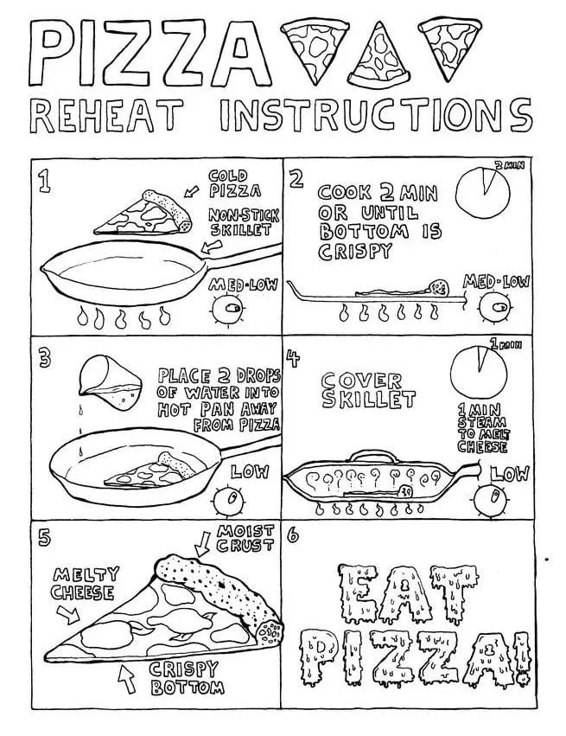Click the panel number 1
[x=43, y=181]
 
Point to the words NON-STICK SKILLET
[x=242, y=222]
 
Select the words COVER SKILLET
[x=363, y=390]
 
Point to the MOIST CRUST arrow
[x=203, y=544]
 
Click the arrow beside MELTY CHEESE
[x=67, y=615]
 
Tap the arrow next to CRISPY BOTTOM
[x=129, y=679]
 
